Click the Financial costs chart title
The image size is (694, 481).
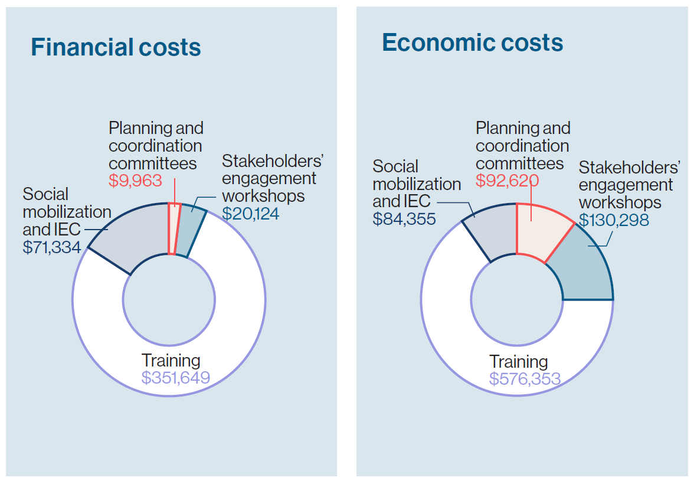point(116,47)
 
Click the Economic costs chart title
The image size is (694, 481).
point(472,42)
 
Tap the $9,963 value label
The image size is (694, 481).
point(135,181)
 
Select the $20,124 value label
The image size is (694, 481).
point(250,212)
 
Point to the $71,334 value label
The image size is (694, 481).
point(52,247)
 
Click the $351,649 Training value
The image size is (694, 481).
point(175,377)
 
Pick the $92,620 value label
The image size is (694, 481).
point(507,180)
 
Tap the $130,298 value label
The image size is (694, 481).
point(614,220)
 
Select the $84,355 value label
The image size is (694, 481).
point(404,218)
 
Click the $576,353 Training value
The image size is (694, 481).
point(525,378)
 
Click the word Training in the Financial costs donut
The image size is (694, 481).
point(171,360)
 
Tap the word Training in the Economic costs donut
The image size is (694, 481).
point(519,361)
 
